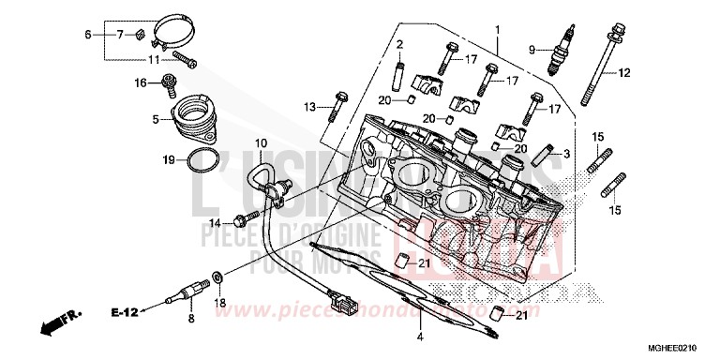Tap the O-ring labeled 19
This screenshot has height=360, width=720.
coord(199,161)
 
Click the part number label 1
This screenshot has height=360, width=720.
coord(498,29)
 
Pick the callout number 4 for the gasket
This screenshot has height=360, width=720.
coord(421,336)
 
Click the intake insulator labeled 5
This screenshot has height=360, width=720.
coord(194,118)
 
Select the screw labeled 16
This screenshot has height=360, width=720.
coord(169,85)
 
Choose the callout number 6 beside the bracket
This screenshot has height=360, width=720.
coord(89,35)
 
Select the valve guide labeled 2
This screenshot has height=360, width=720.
coord(399,74)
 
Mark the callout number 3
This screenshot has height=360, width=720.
coord(566,154)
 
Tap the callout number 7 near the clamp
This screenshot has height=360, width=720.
coord(119,35)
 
